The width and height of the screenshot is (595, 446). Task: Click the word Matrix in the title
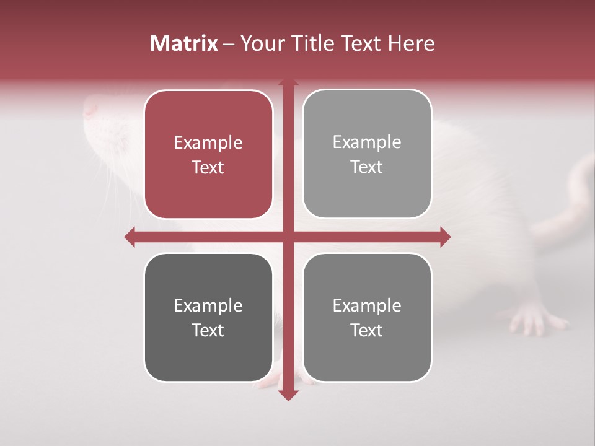click(x=184, y=43)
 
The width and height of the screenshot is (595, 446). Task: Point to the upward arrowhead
click(x=288, y=82)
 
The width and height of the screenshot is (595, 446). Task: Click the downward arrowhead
click(x=288, y=395)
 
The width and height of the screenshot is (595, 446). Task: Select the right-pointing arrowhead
click(x=445, y=237)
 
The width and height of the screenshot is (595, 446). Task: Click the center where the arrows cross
click(x=288, y=237)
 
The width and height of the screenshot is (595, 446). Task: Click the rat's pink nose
click(x=90, y=109)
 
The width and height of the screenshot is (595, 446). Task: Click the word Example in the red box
click(x=208, y=143)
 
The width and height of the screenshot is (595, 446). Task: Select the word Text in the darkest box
click(x=208, y=330)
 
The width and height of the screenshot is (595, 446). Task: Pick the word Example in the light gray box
click(x=367, y=142)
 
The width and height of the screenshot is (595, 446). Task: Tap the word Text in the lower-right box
click(x=367, y=330)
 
